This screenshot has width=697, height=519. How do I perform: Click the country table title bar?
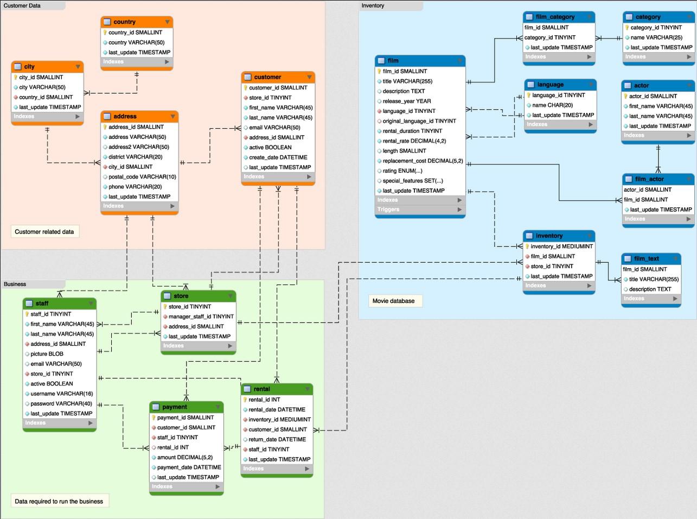coord(136,22)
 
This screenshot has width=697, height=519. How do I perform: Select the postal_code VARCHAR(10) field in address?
coord(142,177)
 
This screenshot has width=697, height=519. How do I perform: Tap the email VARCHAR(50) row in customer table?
coord(274,128)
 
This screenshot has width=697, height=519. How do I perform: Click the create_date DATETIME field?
coord(278,157)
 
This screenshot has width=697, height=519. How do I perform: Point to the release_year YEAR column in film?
coord(406,101)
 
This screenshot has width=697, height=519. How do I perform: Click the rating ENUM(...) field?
coord(402,171)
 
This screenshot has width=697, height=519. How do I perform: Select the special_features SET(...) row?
coord(412,181)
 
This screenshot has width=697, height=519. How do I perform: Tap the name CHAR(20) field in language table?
coord(552,105)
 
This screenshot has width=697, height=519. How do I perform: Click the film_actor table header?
coord(657,179)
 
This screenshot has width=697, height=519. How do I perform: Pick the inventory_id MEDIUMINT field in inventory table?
coord(561,246)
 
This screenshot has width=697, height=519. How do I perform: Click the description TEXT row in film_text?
coord(650,289)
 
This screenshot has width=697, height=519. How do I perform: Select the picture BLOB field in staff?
coord(47,354)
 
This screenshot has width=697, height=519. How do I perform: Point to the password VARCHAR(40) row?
coord(61,404)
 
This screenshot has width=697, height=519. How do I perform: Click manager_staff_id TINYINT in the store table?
coord(201,317)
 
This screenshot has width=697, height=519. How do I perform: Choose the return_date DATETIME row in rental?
coord(277,440)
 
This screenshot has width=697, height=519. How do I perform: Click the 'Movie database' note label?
coord(394,301)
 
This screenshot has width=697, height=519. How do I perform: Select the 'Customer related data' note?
coord(44,232)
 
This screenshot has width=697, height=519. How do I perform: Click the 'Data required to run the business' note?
coord(59,501)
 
